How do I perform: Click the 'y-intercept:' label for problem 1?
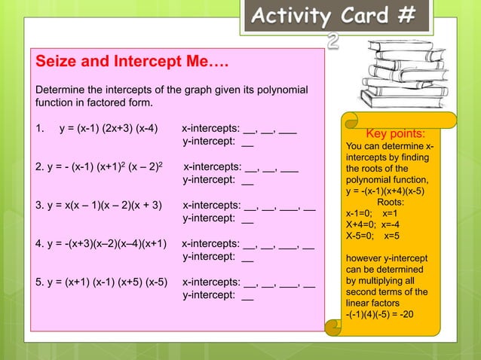tap(209, 141)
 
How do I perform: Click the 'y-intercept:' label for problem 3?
tap(209, 219)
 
